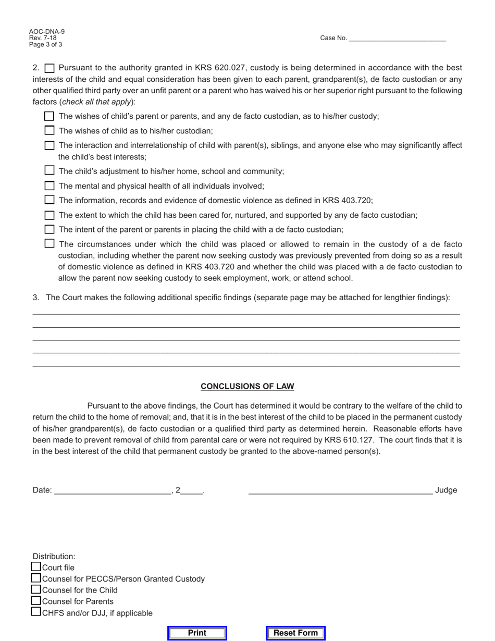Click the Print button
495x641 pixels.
pyautogui.click(x=197, y=633)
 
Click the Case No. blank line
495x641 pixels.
pyautogui.click(x=397, y=38)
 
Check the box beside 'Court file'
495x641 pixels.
pyautogui.click(x=36, y=567)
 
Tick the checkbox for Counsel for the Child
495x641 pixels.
pyautogui.click(x=36, y=589)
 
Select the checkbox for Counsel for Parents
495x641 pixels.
pyautogui.click(x=36, y=601)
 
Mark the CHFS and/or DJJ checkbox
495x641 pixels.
pyautogui.click(x=36, y=612)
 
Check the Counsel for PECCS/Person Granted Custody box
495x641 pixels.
pyautogui.click(x=36, y=578)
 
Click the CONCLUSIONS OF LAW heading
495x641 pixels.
pyautogui.click(x=247, y=386)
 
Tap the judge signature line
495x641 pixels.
pyautogui.click(x=340, y=489)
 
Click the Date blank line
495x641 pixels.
pyautogui.click(x=113, y=490)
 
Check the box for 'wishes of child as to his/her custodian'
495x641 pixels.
pyautogui.click(x=49, y=130)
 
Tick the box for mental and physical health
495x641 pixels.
pyautogui.click(x=49, y=186)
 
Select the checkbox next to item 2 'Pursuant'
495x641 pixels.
pyautogui.click(x=49, y=68)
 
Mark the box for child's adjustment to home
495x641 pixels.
pyautogui.click(x=49, y=170)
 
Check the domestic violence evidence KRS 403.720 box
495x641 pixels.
pyautogui.click(x=49, y=200)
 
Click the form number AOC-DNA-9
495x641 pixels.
pyautogui.click(x=47, y=32)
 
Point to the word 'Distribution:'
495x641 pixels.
pyautogui.click(x=54, y=556)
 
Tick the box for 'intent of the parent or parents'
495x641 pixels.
pyautogui.click(x=49, y=229)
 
